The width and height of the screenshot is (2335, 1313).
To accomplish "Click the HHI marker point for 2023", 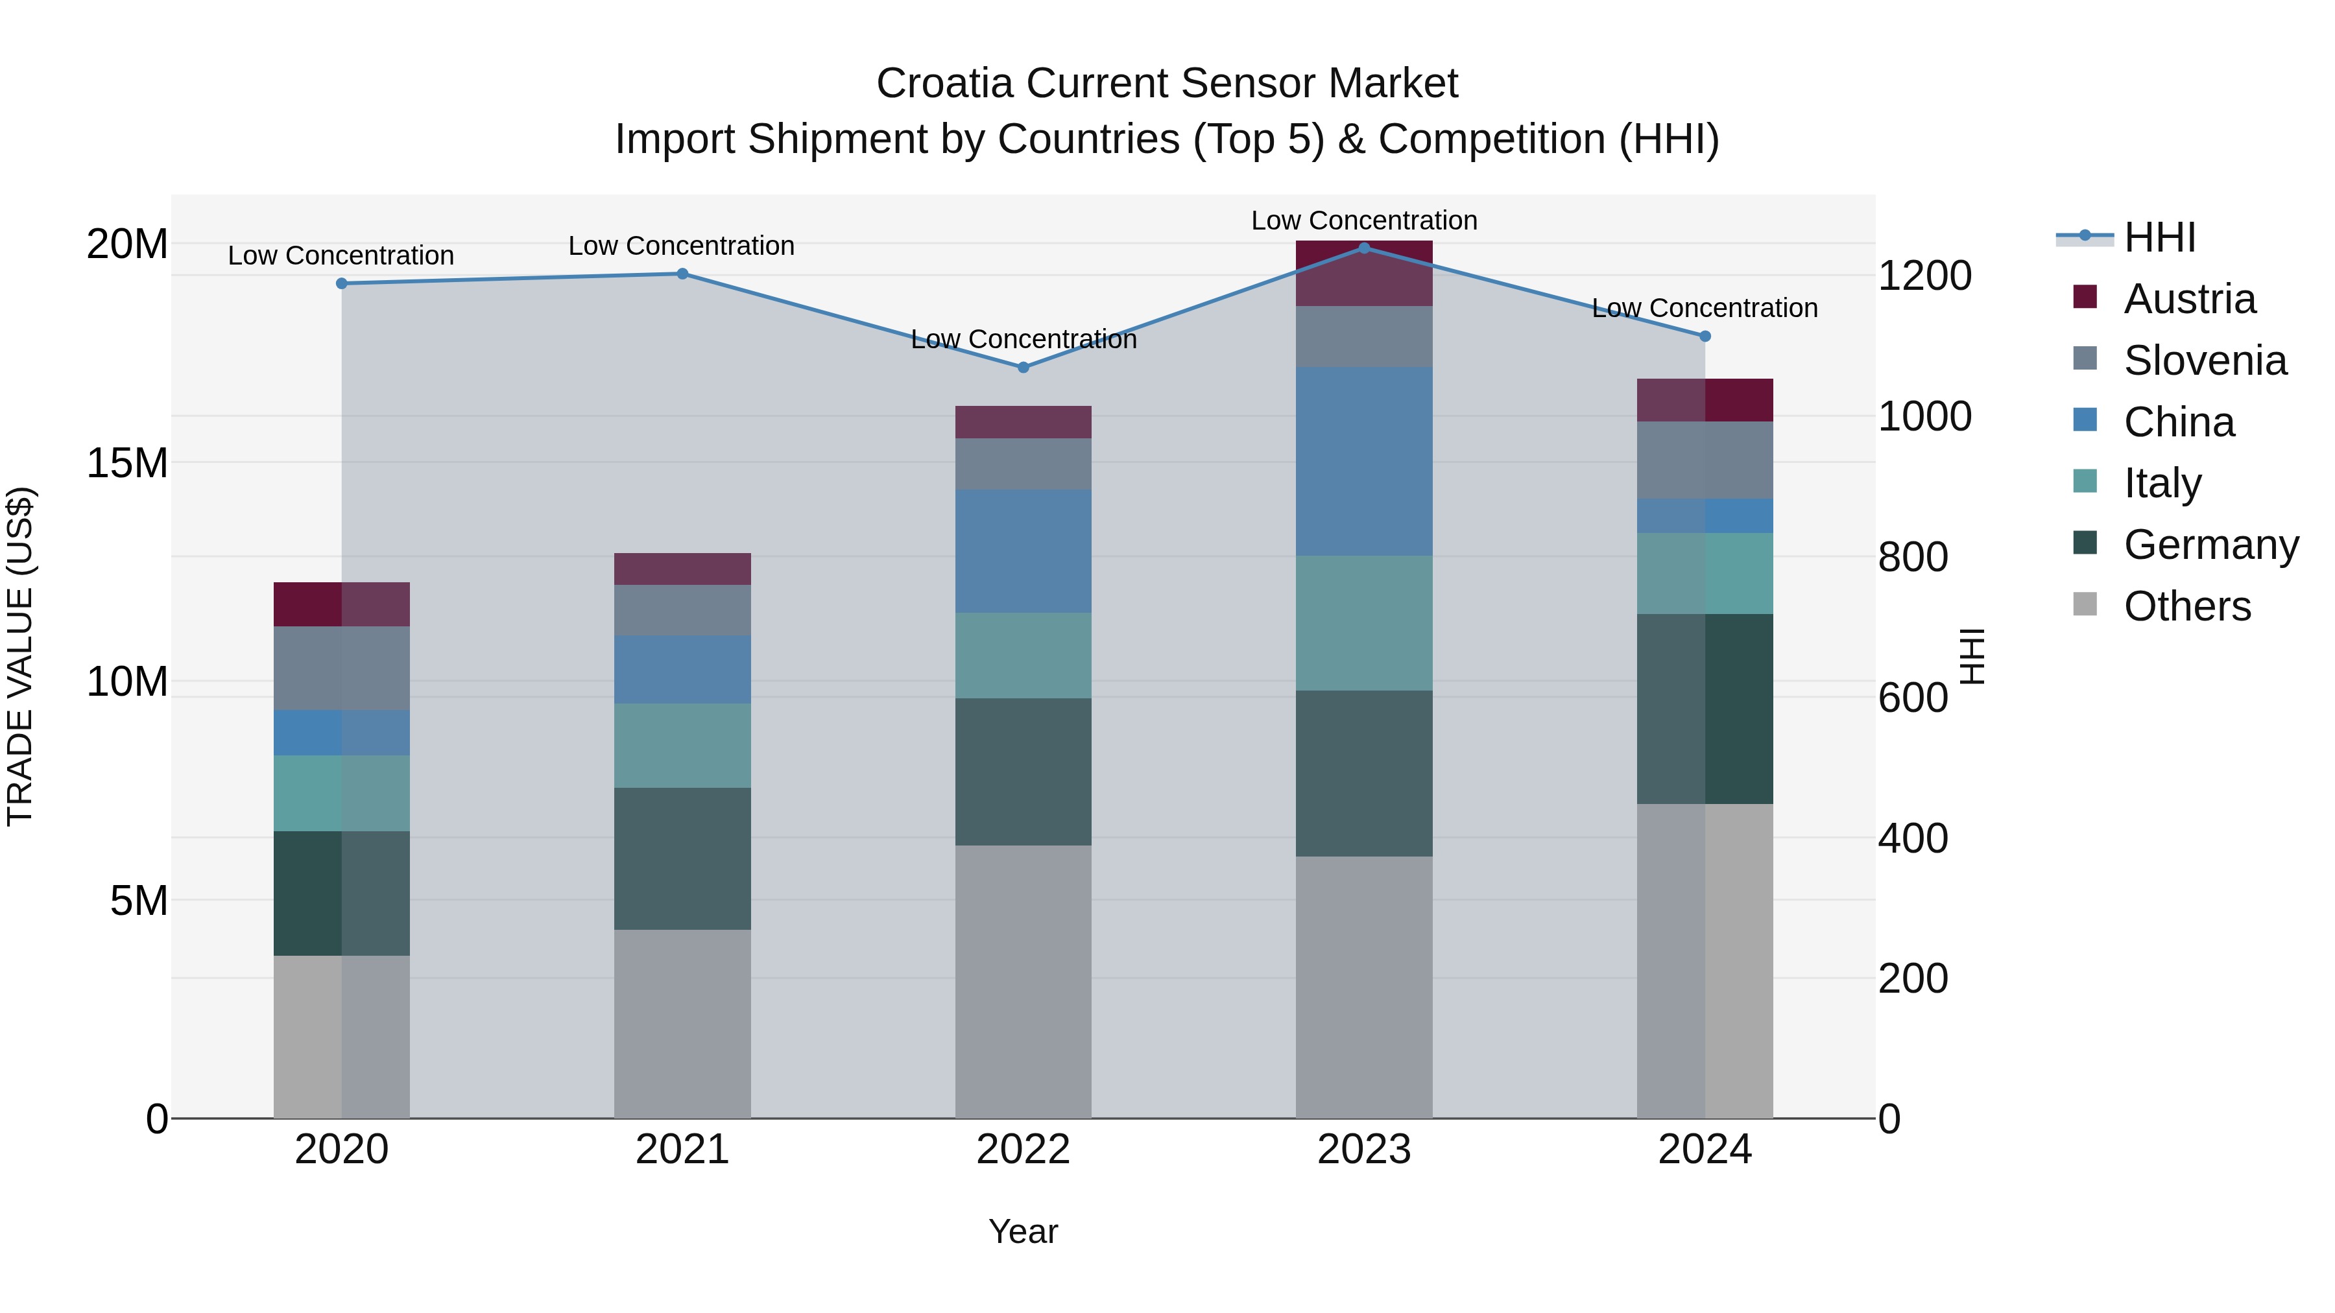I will [x=1363, y=248].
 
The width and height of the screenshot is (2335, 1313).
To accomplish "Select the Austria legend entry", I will [x=2188, y=299].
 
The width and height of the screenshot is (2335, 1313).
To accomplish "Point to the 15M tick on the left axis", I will [x=127, y=463].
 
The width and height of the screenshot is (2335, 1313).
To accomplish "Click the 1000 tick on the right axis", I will [x=1924, y=417].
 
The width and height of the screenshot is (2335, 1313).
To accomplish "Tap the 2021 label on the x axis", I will [x=682, y=1150].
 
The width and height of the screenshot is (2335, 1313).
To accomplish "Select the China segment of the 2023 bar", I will [x=1363, y=460].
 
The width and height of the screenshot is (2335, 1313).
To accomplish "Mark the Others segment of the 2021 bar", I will [x=682, y=1023].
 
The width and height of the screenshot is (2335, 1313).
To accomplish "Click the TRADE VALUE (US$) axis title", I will [x=20, y=656].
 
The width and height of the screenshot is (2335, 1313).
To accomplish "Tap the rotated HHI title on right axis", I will [x=1972, y=656].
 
